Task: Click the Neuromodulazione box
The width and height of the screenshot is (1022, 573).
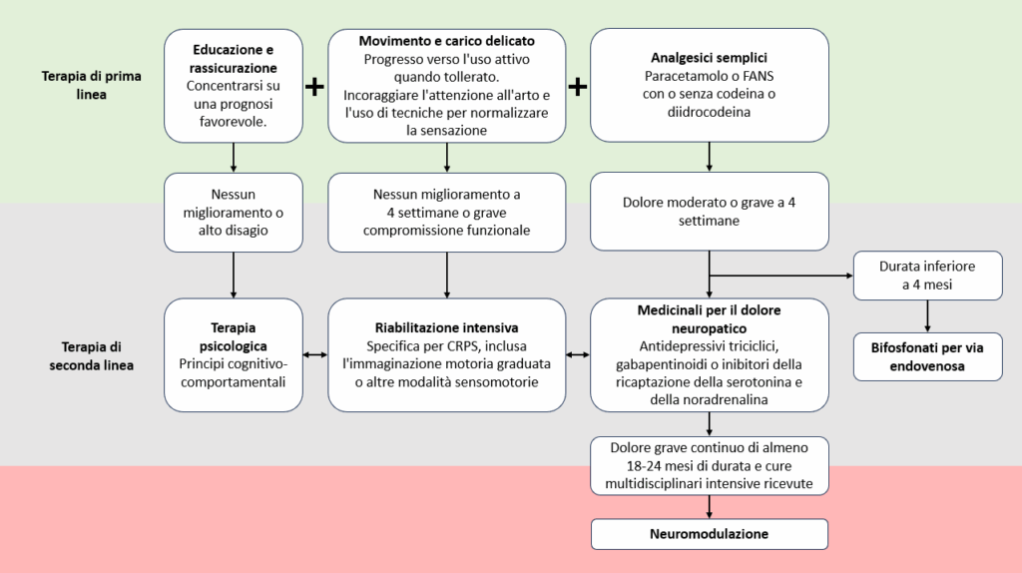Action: click(710, 534)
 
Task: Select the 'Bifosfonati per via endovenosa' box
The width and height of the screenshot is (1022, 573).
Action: click(927, 356)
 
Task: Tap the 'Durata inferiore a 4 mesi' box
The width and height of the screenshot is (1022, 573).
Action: click(927, 276)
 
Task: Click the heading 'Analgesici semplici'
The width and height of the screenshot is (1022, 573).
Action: click(710, 57)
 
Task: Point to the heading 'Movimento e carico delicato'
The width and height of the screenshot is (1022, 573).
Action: click(446, 40)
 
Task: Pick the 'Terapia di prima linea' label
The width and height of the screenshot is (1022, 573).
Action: click(91, 85)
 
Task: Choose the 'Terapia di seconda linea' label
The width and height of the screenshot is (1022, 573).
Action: click(91, 356)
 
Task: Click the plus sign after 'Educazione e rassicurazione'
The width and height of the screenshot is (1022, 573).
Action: click(314, 86)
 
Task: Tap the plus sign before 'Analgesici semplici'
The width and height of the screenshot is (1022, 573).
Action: click(578, 86)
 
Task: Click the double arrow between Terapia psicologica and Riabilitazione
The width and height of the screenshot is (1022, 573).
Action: click(315, 354)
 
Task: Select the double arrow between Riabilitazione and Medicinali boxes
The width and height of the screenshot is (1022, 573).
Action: click(578, 354)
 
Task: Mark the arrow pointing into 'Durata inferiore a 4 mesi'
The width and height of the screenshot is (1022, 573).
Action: click(780, 276)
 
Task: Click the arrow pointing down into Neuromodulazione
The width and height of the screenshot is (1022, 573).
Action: click(710, 507)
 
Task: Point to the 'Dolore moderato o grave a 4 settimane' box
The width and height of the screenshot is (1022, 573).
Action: click(710, 212)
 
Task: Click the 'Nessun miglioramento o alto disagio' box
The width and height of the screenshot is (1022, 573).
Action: click(234, 213)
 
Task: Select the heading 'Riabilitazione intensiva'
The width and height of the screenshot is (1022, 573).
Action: click(446, 327)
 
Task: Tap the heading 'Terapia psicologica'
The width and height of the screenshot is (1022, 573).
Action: click(234, 336)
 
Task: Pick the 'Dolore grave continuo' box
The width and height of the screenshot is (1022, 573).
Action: click(710, 465)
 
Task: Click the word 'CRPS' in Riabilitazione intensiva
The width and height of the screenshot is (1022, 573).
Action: click(465, 346)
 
